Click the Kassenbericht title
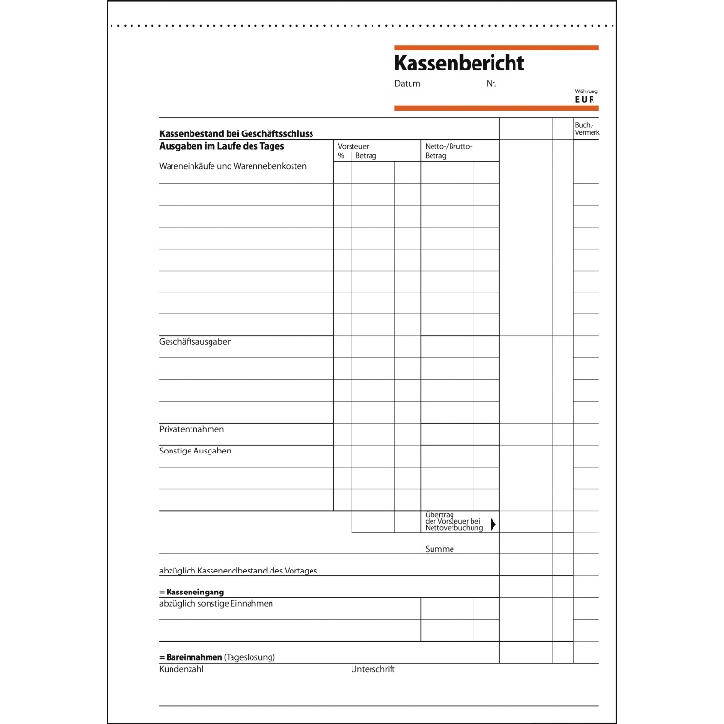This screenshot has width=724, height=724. pyautogui.click(x=459, y=64)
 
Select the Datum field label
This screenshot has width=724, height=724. pyautogui.click(x=407, y=84)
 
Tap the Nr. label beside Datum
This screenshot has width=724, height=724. pyautogui.click(x=491, y=84)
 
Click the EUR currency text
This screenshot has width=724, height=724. pyautogui.click(x=587, y=99)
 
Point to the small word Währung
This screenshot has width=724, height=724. pyautogui.click(x=587, y=91)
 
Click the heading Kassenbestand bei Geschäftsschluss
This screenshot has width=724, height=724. pyautogui.click(x=236, y=134)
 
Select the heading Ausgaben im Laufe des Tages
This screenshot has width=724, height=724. pyautogui.click(x=221, y=146)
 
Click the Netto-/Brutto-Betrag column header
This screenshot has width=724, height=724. pyautogui.click(x=448, y=151)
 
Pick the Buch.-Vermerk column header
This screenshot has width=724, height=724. pyautogui.click(x=586, y=129)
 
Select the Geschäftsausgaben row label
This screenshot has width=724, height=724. pyautogui.click(x=195, y=341)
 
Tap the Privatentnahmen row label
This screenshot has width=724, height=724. pyautogui.click(x=191, y=429)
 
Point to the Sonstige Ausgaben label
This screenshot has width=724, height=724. pyautogui.click(x=194, y=451)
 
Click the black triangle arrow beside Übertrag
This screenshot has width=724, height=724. pyautogui.click(x=493, y=522)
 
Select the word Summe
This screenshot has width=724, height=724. pyautogui.click(x=439, y=549)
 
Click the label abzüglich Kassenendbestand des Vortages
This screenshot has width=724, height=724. pyautogui.click(x=238, y=571)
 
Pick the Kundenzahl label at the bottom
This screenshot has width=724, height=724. pyautogui.click(x=181, y=669)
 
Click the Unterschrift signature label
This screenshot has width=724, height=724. pyautogui.click(x=372, y=669)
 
